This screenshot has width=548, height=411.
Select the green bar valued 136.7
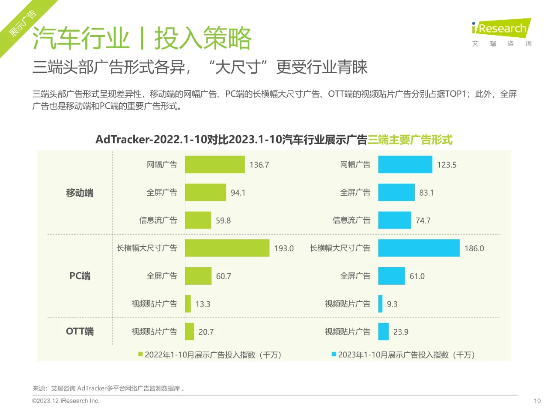pyautogui.click(x=214, y=165)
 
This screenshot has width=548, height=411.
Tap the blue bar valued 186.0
pyautogui.click(x=419, y=248)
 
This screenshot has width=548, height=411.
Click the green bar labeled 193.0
pyautogui.click(x=227, y=248)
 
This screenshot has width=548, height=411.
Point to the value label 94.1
pyautogui.click(x=238, y=193)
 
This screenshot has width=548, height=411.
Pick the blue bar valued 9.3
pyautogui.click(x=380, y=304)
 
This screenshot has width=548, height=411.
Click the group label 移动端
pyautogui.click(x=80, y=193)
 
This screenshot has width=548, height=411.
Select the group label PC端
pyautogui.click(x=80, y=276)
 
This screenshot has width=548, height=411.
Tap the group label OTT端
pyautogui.click(x=80, y=331)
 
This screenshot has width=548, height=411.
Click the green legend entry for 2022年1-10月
pyautogui.click(x=210, y=355)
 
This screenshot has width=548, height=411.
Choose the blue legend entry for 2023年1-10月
pyautogui.click(x=403, y=355)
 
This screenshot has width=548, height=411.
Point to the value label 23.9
pyautogui.click(x=401, y=332)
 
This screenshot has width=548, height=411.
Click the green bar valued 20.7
pyautogui.click(x=189, y=332)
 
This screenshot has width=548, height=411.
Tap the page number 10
pyautogui.click(x=537, y=401)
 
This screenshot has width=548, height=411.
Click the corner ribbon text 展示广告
pyautogui.click(x=22, y=23)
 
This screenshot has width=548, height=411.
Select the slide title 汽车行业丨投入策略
pyautogui.click(x=142, y=39)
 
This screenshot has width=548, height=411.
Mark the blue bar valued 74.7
pyautogui.click(x=394, y=220)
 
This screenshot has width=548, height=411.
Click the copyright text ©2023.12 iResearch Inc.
pyautogui.click(x=66, y=401)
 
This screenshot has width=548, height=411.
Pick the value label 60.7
pyautogui.click(x=223, y=276)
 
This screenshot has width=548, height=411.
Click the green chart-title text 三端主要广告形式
pyautogui.click(x=410, y=140)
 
